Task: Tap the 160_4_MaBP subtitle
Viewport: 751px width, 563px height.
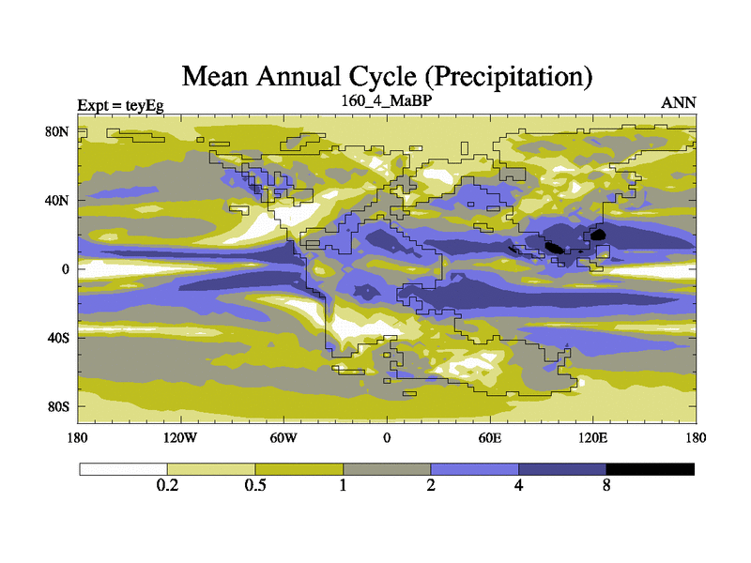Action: (385, 99)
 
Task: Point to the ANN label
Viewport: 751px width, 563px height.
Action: (679, 101)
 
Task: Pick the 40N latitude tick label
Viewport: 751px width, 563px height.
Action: (58, 200)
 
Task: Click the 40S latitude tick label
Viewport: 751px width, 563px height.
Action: (58, 337)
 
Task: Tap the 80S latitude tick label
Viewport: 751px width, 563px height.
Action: (58, 406)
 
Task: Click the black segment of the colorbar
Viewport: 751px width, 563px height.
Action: (650, 468)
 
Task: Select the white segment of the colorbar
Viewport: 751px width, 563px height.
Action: (123, 468)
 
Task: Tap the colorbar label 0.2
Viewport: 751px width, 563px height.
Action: (167, 486)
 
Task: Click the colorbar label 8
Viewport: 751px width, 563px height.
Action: (606, 486)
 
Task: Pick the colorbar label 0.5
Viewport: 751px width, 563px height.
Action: (255, 486)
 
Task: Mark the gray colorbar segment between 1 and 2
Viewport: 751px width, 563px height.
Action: (387, 468)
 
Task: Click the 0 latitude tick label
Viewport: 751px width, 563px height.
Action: (66, 268)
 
